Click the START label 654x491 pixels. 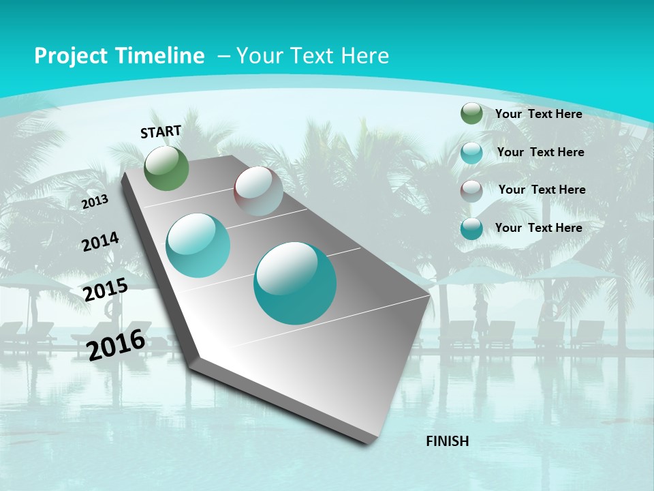tap(161, 132)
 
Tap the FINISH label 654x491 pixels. tap(447, 441)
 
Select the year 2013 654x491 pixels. tap(95, 202)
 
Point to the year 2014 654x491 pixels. tap(101, 242)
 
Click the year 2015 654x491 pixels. tap(106, 290)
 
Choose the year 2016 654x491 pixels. tap(116, 344)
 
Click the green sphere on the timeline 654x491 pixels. tap(167, 168)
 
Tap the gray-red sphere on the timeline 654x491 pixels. tap(258, 191)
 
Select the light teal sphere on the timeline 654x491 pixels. tap(198, 245)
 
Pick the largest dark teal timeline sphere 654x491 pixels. tap(295, 283)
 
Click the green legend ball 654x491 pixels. tap(471, 114)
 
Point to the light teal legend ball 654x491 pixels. tap(471, 153)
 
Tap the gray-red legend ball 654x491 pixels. tap(471, 190)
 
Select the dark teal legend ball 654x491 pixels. tap(471, 228)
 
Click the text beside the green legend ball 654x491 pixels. tap(538, 114)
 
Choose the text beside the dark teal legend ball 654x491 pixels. tap(538, 228)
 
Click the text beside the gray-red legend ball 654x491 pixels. tap(542, 190)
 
